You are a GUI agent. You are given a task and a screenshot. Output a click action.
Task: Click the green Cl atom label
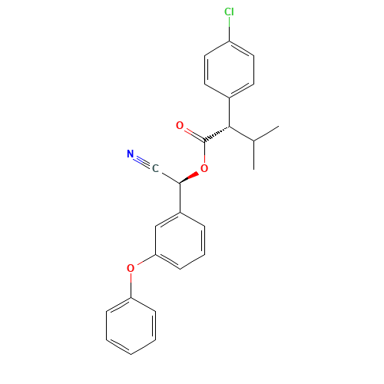coord(229,12)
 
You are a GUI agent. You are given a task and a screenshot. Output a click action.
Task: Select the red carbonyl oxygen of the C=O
coord(180,124)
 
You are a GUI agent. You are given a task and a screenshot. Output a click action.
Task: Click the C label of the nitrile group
coord(154,168)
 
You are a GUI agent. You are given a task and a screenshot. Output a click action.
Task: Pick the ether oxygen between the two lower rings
coord(131,268)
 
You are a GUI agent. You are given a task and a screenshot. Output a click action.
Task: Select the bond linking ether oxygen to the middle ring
coord(143,261)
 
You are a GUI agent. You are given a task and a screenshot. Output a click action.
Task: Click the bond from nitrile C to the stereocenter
coord(167,176)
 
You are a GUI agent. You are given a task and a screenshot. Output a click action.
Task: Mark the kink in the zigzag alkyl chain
coord(253,140)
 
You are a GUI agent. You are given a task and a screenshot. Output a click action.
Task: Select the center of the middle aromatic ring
coord(180,240)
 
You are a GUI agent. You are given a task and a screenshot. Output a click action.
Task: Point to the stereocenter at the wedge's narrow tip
coord(180,183)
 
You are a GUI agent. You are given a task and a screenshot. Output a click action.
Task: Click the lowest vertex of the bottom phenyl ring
coord(131,353)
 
